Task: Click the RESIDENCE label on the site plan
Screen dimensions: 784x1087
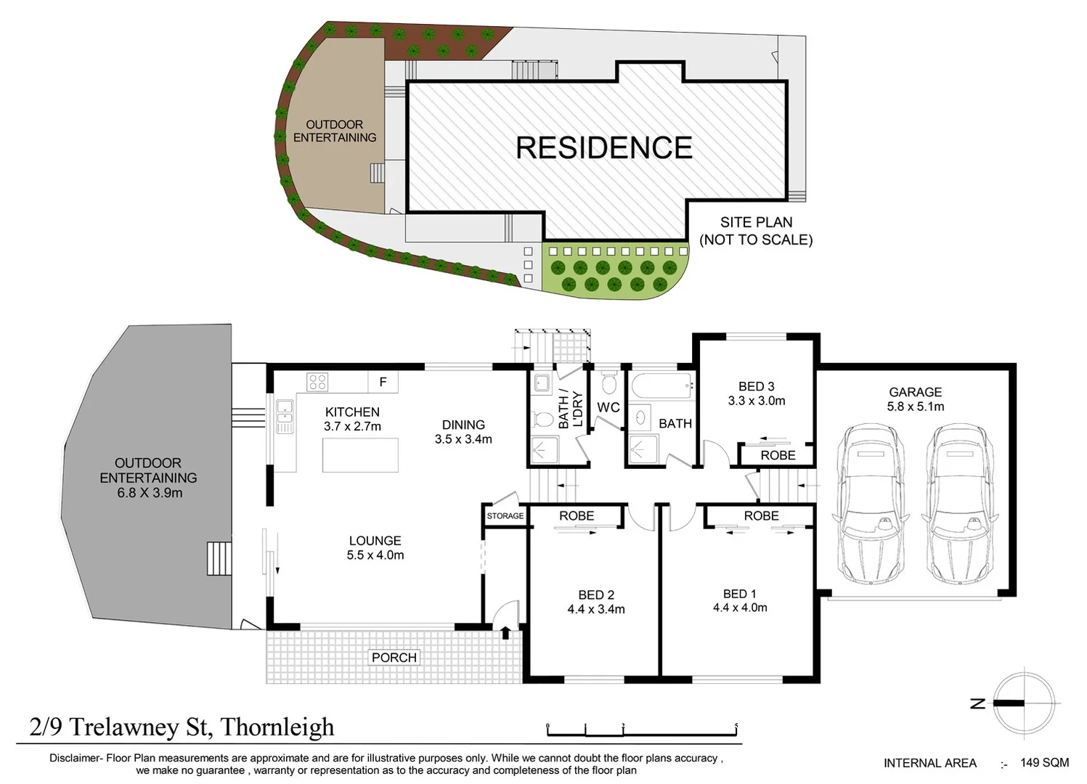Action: tap(603, 147)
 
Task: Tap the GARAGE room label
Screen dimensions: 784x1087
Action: tap(915, 392)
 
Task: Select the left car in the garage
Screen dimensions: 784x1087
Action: tap(871, 506)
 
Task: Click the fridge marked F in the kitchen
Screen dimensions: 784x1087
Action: tap(383, 382)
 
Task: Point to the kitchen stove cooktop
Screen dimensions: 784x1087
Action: tap(317, 381)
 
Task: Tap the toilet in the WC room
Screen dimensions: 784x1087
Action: tap(609, 383)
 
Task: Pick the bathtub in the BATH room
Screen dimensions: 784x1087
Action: tap(661, 385)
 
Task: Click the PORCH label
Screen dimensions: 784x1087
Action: tap(394, 658)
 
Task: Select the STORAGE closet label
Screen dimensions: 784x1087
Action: tap(505, 516)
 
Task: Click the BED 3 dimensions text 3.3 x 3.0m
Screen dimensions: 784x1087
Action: tap(757, 401)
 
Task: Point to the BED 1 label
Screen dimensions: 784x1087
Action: tap(739, 594)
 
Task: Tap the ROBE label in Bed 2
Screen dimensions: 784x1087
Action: tap(577, 516)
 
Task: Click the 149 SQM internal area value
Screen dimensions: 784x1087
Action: tap(1044, 762)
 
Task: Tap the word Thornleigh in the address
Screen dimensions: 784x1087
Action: tap(277, 727)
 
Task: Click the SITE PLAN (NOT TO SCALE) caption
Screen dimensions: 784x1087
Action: tap(756, 231)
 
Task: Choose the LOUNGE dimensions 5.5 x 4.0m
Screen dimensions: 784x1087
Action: tap(375, 555)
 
